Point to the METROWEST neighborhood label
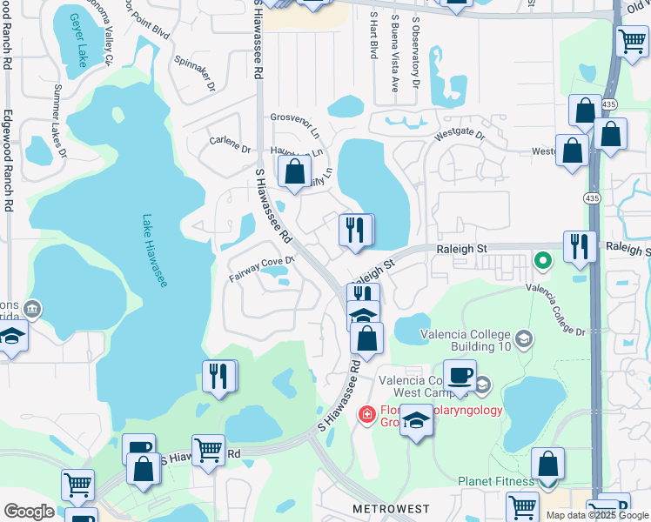[386, 507]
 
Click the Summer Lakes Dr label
[60, 121]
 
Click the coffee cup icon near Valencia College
[460, 376]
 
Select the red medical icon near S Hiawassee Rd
[367, 413]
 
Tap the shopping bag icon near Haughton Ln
[294, 171]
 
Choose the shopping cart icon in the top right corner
[631, 41]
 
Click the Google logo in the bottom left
[29, 511]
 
